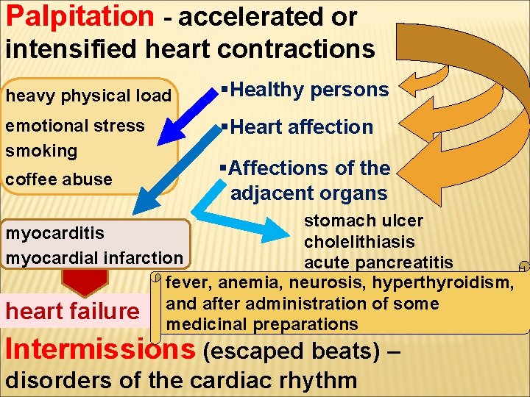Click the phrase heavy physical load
tap(88, 96)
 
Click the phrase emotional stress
tap(75, 126)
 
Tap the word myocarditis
tap(55, 233)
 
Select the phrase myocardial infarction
tap(93, 257)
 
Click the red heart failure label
tap(72, 312)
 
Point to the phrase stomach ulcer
tap(364, 221)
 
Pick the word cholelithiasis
tap(359, 242)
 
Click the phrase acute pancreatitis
tap(378, 262)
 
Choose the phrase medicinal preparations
tap(263, 324)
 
